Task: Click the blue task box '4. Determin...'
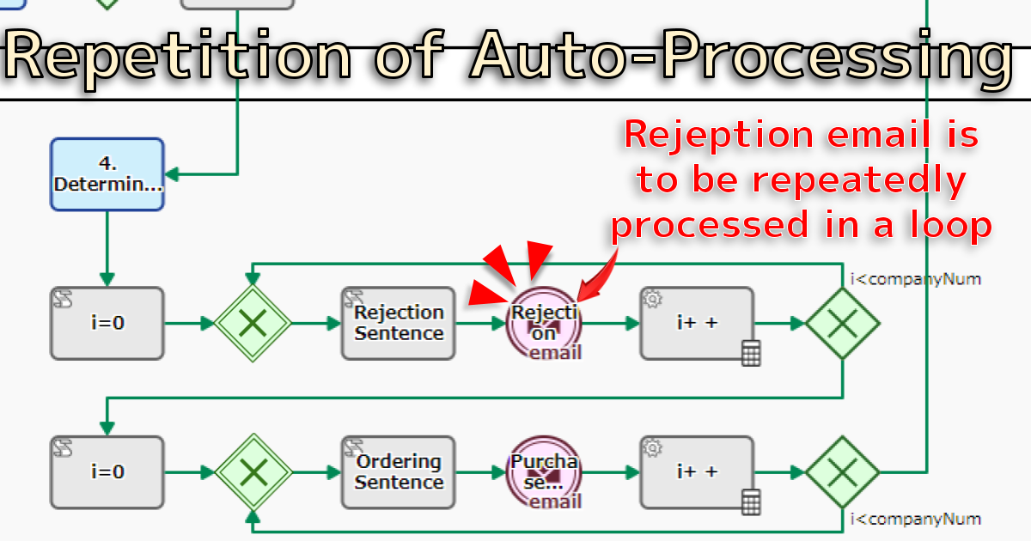pyautogui.click(x=107, y=174)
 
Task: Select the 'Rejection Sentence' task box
pyautogui.click(x=399, y=323)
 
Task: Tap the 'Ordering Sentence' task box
pyautogui.click(x=399, y=471)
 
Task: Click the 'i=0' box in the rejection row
pyautogui.click(x=107, y=323)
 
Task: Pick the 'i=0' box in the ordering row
pyautogui.click(x=107, y=471)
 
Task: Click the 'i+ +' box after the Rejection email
pyautogui.click(x=697, y=323)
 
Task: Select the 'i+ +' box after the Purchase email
pyautogui.click(x=697, y=471)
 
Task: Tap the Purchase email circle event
pyautogui.click(x=546, y=472)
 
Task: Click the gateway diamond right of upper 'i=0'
pyautogui.click(x=253, y=323)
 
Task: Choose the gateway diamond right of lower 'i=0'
pyautogui.click(x=253, y=471)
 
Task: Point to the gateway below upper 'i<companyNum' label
pyautogui.click(x=843, y=323)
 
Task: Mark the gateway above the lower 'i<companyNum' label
pyautogui.click(x=843, y=471)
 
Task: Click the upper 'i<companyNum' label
pyautogui.click(x=915, y=279)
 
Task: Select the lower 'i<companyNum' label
pyautogui.click(x=915, y=519)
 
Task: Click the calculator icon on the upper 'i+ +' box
pyautogui.click(x=751, y=353)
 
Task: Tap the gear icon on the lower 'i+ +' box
pyautogui.click(x=652, y=447)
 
